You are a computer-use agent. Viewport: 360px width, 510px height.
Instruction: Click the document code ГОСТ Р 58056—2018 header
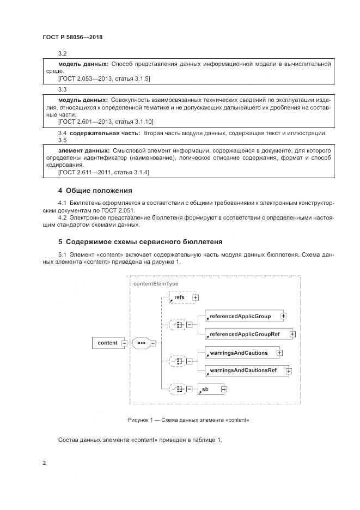72,38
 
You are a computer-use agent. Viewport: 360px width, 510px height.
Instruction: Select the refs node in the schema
179,297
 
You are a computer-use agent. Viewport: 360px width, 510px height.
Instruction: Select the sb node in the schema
208,389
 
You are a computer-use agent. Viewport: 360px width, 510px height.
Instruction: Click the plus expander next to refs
196,297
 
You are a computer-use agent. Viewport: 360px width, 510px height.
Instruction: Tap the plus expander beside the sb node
224,389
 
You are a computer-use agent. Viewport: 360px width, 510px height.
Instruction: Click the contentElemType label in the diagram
156,283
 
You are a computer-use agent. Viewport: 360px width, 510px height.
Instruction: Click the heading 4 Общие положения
95,191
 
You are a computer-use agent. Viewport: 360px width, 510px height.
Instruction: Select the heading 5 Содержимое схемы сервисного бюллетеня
140,241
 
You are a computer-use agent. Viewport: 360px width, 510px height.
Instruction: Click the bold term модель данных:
83,64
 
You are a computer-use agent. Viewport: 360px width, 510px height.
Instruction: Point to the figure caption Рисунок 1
188,420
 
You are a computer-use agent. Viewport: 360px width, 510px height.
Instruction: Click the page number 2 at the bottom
44,463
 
